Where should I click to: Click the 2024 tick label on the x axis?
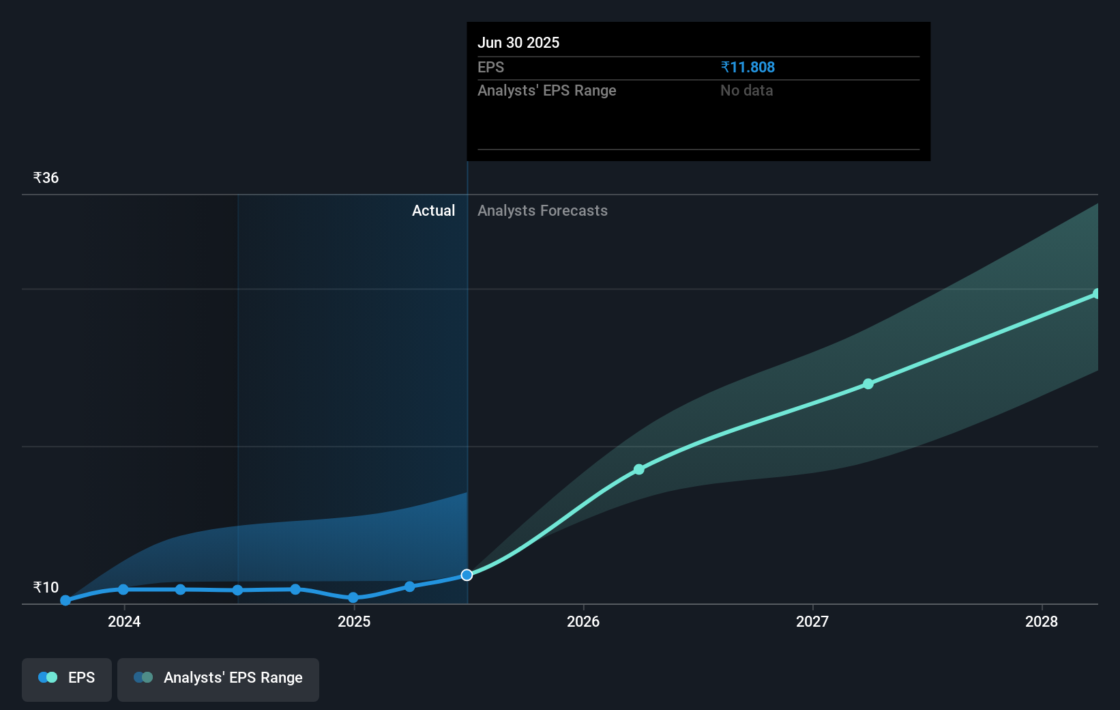tap(124, 621)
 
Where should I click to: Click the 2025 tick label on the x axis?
tap(354, 621)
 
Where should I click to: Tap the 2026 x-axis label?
tap(583, 621)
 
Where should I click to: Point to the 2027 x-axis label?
tap(812, 621)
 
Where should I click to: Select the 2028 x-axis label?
tap(1042, 621)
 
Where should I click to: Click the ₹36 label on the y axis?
tap(46, 178)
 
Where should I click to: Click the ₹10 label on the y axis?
tap(46, 588)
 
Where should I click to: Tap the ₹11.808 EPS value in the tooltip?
tap(748, 68)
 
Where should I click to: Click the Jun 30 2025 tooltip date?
tap(518, 43)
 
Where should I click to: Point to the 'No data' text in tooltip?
tap(746, 91)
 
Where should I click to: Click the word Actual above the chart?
tap(433, 211)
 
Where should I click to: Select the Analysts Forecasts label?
tap(542, 211)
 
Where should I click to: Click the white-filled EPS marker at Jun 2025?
tap(467, 575)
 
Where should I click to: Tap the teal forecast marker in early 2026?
tap(639, 469)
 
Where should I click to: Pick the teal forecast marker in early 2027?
tap(868, 384)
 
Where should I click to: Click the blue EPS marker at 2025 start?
tap(353, 597)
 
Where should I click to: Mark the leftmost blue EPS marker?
tap(65, 601)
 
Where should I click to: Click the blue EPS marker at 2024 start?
tap(123, 589)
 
